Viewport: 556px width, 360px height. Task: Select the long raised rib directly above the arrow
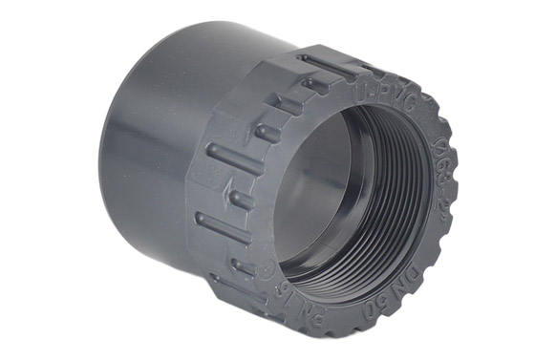point(233,159)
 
